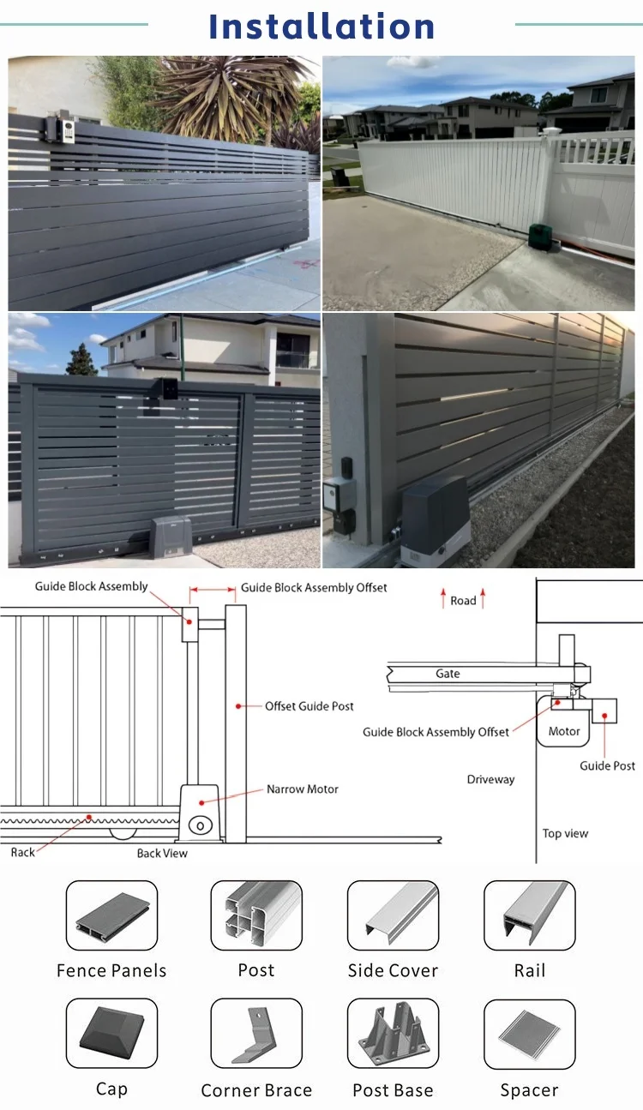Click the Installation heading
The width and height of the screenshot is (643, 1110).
click(321, 27)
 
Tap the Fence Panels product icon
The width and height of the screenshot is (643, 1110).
click(111, 915)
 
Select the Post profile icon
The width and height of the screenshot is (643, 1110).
click(256, 915)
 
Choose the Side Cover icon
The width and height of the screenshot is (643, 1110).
click(393, 915)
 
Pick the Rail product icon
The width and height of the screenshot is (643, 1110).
click(529, 915)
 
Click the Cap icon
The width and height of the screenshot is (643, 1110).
click(111, 1034)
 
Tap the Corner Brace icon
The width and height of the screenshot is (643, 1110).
click(256, 1034)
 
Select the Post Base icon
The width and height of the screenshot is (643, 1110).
click(393, 1034)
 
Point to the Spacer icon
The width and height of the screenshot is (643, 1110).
click(529, 1034)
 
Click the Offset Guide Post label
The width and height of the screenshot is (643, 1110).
click(309, 706)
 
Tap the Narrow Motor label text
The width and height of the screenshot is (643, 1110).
click(302, 789)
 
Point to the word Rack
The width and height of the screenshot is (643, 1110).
click(23, 853)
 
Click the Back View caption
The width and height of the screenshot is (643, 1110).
click(162, 854)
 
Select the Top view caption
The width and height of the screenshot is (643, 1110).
click(565, 833)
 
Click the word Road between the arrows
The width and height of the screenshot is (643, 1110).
click(463, 601)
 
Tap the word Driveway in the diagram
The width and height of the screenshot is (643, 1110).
click(490, 779)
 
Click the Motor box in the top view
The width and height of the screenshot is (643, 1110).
click(564, 730)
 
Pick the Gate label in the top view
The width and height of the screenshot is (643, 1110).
click(448, 674)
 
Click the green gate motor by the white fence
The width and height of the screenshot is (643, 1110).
click(542, 237)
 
